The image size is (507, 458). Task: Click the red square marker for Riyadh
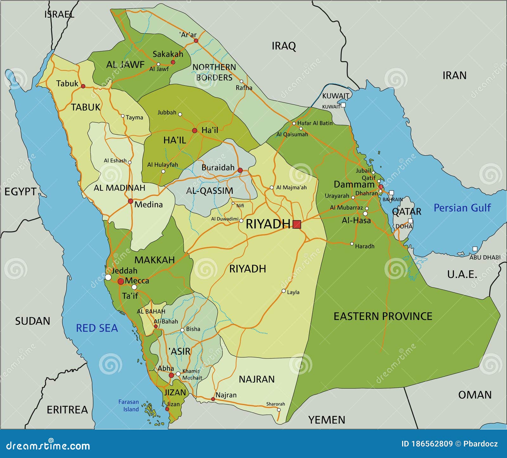click(x=297, y=225)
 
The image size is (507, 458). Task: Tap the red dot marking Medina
click(x=131, y=201)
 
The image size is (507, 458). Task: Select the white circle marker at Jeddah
click(x=108, y=277)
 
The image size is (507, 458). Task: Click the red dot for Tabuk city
click(x=83, y=86)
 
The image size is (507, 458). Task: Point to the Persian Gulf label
click(x=462, y=208)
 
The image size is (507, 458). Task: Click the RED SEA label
click(x=97, y=328)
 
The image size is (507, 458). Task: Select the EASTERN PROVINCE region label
click(x=383, y=316)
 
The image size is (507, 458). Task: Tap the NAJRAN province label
click(x=257, y=379)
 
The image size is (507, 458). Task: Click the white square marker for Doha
click(x=410, y=221)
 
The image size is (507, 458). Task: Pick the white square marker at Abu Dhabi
click(x=475, y=249)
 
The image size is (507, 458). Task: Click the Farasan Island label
click(x=129, y=405)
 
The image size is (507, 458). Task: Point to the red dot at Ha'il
click(x=195, y=130)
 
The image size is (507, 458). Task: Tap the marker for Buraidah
click(x=240, y=170)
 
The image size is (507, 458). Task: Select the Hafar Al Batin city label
click(x=315, y=123)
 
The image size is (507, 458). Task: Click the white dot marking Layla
click(x=284, y=291)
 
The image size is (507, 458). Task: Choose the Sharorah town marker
click(x=279, y=410)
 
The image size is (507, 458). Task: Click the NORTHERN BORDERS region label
click(x=214, y=72)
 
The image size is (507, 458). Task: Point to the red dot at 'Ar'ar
click(x=196, y=41)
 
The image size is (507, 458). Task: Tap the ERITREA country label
click(x=67, y=410)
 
